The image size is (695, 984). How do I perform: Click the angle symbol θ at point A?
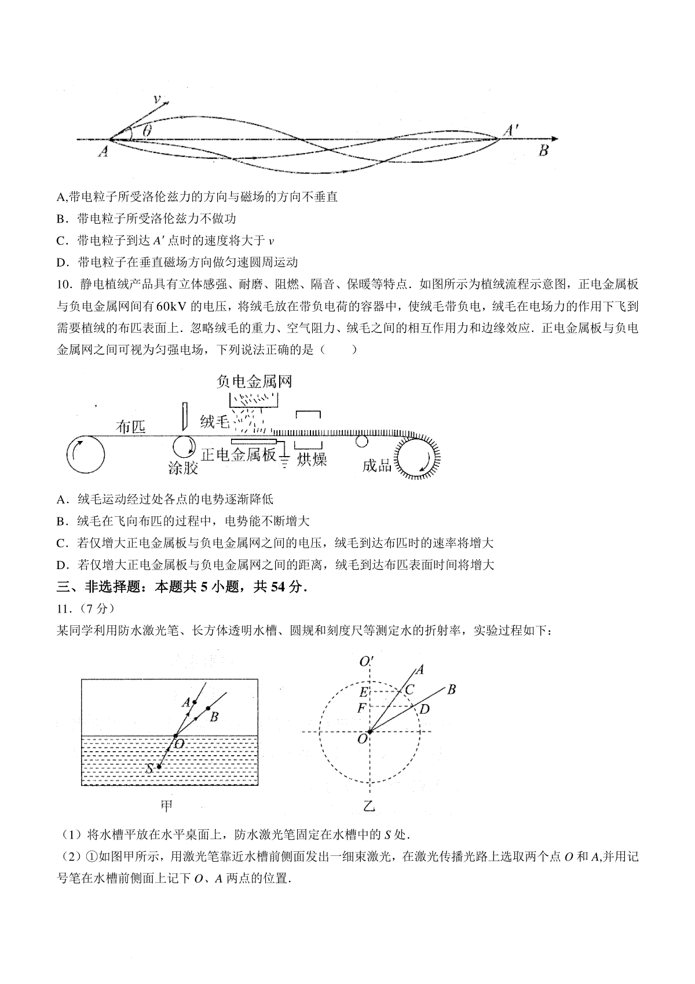(147, 132)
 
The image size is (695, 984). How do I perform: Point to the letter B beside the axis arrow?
(543, 151)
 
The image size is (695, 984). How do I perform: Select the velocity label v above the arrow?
(156, 99)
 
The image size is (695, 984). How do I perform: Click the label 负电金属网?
(254, 381)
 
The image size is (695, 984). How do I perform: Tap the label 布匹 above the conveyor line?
(131, 427)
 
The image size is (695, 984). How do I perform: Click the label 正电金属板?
(239, 455)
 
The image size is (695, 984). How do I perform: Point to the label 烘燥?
(312, 460)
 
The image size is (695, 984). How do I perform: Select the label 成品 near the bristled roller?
(377, 465)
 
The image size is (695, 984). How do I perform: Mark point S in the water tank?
(159, 767)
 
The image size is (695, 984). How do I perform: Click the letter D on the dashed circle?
(425, 708)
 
